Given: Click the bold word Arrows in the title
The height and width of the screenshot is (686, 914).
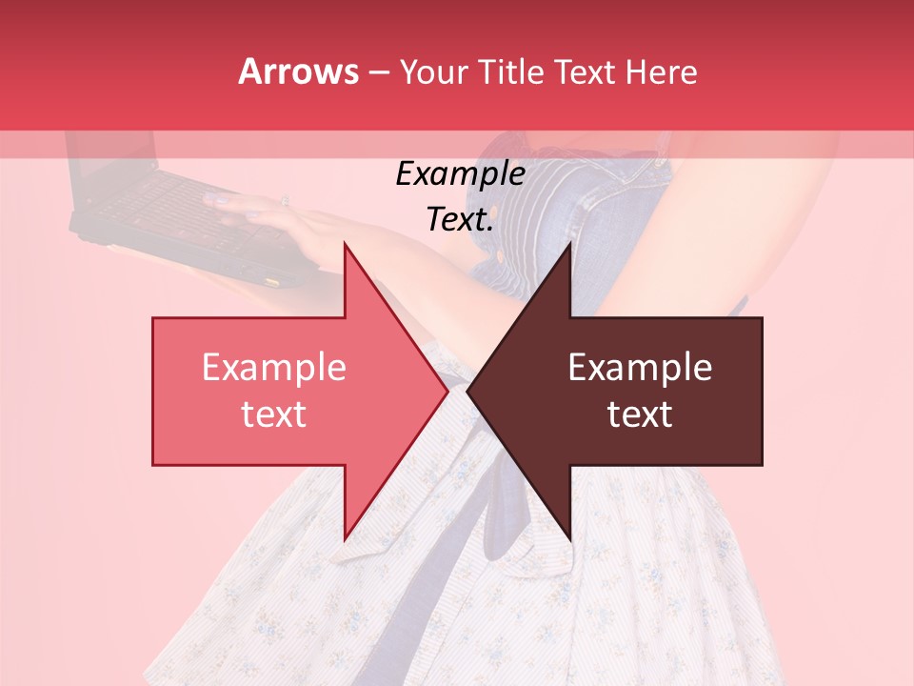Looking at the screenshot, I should point(298,71).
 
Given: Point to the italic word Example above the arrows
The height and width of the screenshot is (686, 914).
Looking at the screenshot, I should point(460,174).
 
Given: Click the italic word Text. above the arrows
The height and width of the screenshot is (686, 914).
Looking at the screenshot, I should point(460,220).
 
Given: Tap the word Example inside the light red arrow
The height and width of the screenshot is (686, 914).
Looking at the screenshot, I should point(273,368).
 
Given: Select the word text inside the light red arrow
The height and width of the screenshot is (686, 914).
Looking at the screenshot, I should point(273,414).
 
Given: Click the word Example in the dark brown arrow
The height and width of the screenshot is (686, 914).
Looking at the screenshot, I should point(640,368).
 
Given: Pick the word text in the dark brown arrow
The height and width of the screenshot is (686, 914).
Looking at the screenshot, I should point(640,414).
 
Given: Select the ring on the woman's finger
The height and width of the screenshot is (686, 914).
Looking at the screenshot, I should point(284,201).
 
